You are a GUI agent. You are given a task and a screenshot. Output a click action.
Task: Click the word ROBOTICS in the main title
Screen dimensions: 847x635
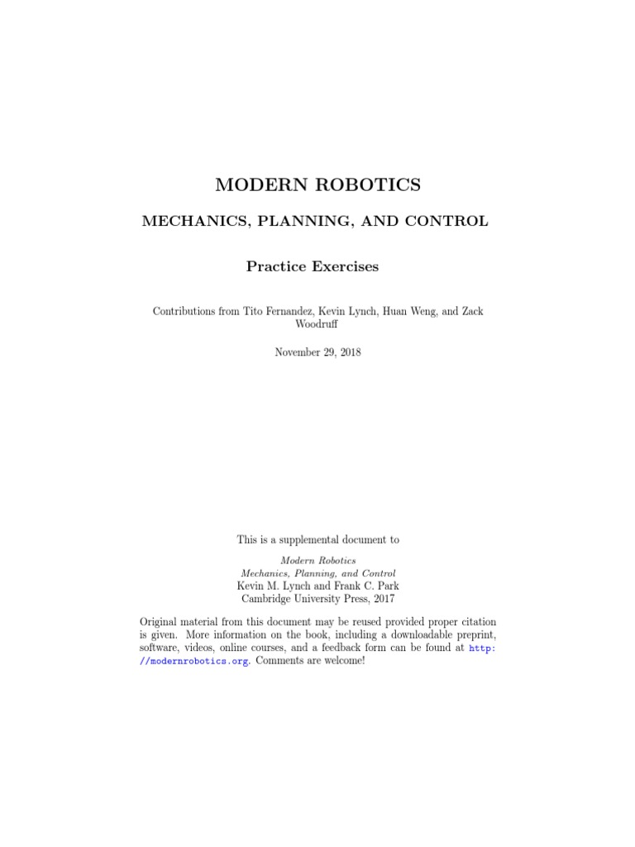coord(370,185)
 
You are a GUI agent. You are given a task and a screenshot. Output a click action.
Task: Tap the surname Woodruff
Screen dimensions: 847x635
coord(317,324)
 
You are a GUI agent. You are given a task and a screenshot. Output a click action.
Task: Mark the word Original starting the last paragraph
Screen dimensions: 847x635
coord(161,621)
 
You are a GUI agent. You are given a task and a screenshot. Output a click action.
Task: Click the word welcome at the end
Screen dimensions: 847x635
coord(341,663)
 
